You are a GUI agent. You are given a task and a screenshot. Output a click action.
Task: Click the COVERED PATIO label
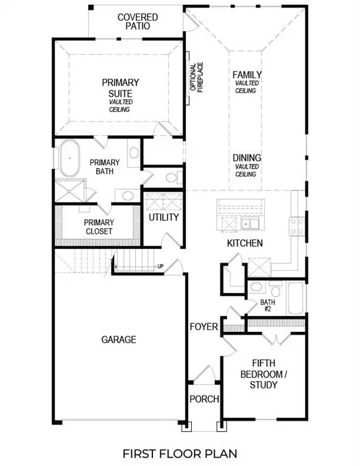[x=137, y=22]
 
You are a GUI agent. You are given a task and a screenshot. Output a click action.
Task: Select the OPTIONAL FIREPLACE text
[x=197, y=77]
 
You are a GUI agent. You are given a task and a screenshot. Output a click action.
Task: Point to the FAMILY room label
[x=246, y=75]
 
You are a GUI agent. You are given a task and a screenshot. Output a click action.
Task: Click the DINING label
[x=246, y=158]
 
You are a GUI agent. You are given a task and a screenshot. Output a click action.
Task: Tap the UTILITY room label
[x=163, y=217]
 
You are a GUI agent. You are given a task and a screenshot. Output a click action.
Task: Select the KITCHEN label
[x=245, y=243]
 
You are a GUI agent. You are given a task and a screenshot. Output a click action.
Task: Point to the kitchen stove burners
[x=297, y=226]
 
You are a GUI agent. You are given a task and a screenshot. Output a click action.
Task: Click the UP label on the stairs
[x=160, y=266]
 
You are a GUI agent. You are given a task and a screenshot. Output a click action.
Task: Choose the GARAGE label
[x=118, y=340]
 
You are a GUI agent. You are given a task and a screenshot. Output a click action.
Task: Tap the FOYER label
[x=203, y=327]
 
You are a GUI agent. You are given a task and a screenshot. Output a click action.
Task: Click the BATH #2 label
[x=268, y=306]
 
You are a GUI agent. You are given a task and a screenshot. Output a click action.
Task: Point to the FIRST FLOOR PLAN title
[x=180, y=453]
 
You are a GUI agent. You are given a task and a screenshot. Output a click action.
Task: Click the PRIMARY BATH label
[x=104, y=167]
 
